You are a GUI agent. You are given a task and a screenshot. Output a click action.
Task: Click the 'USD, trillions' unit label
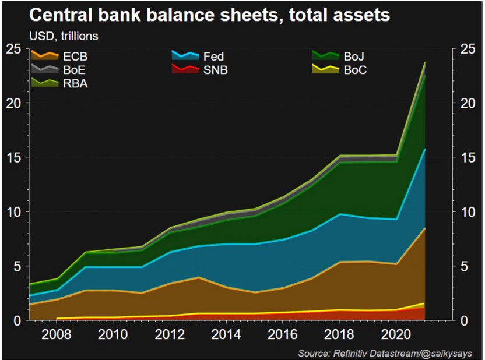point(64,37)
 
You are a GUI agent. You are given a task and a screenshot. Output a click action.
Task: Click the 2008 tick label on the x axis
point(57,336)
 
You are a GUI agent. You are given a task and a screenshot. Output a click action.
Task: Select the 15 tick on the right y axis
point(466,157)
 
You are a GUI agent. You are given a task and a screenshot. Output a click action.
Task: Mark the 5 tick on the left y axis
point(17,266)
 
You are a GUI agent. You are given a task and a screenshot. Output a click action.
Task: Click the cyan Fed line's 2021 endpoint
point(425,149)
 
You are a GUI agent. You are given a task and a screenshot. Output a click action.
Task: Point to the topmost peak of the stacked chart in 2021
point(425,62)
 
